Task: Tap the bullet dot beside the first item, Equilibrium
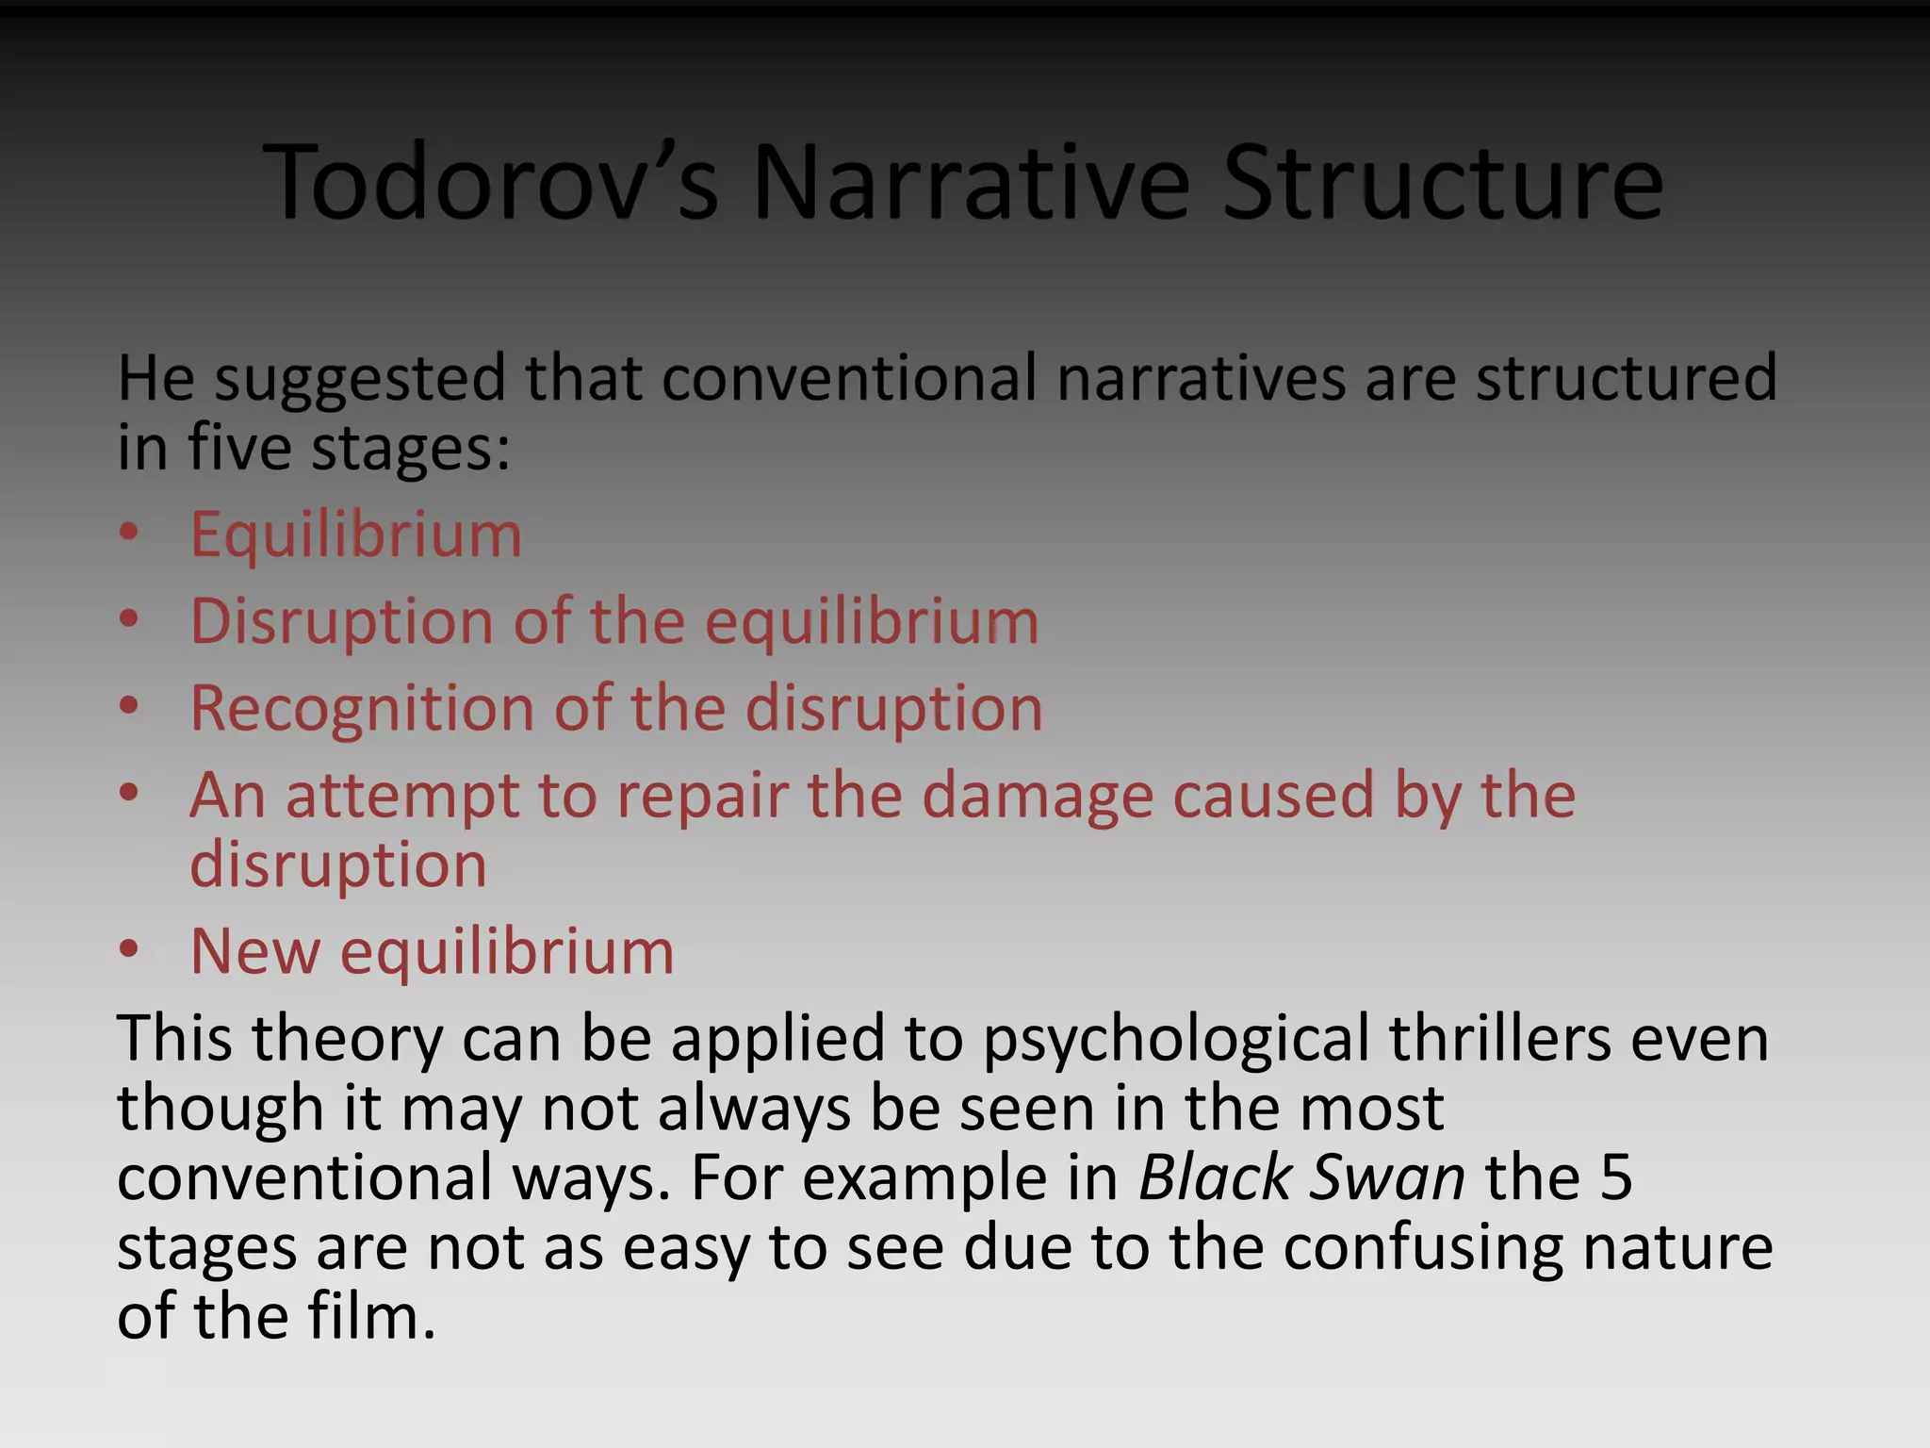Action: click(x=129, y=533)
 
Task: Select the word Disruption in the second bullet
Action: click(x=341, y=622)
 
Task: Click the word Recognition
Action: click(x=362, y=709)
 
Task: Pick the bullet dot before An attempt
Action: click(x=129, y=793)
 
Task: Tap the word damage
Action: click(x=1037, y=797)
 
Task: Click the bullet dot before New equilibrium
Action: click(x=129, y=949)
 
